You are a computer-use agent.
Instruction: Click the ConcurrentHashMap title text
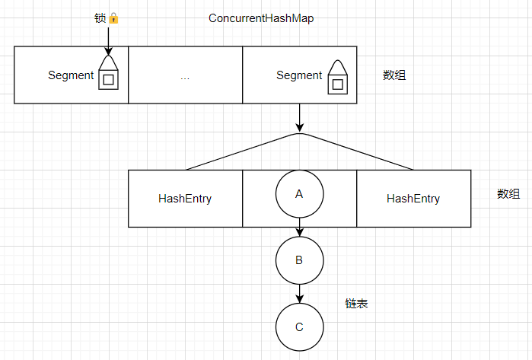tap(261, 18)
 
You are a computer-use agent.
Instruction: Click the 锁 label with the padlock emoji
tap(107, 18)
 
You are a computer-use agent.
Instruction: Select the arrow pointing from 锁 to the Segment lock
tap(109, 40)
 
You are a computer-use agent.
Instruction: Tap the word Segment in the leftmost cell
tap(71, 75)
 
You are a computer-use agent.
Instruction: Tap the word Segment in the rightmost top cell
tap(299, 75)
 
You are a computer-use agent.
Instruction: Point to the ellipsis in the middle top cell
tap(185, 76)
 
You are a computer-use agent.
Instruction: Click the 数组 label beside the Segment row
tap(394, 75)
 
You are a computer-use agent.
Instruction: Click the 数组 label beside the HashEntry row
tap(508, 194)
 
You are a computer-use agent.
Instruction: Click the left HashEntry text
tap(185, 199)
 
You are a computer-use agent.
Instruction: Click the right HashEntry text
tap(413, 199)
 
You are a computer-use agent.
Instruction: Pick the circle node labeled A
tap(299, 194)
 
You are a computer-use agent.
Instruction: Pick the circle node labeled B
tap(299, 260)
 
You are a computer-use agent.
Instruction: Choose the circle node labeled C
tap(299, 327)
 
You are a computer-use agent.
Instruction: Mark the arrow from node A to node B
tap(300, 228)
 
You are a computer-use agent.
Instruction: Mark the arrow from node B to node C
tap(300, 294)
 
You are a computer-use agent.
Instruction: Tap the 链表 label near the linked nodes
tap(357, 304)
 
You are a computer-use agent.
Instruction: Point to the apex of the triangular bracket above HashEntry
tap(300, 135)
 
